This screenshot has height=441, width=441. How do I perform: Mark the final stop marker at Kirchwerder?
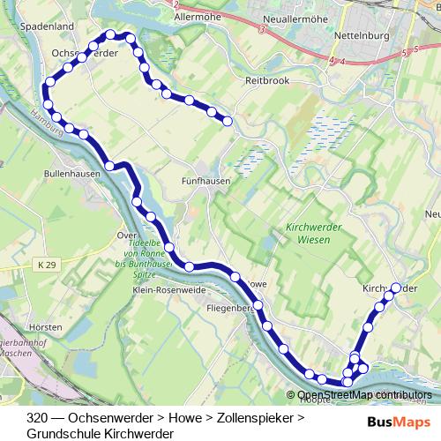tap(396, 287)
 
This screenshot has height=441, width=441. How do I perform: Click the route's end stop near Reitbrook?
tap(228, 122)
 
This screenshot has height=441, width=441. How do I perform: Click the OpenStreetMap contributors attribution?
tap(365, 395)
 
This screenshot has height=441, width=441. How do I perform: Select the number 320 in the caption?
tap(38, 418)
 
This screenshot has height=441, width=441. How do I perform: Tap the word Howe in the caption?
tap(184, 418)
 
